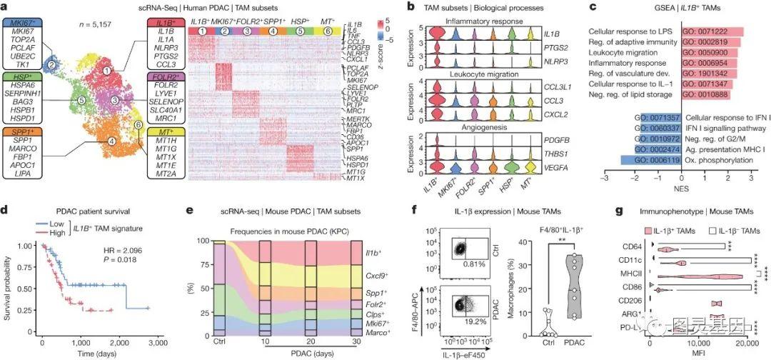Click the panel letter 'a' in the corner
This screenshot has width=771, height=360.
(5, 6)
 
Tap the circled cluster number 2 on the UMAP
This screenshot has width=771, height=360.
(51, 65)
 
